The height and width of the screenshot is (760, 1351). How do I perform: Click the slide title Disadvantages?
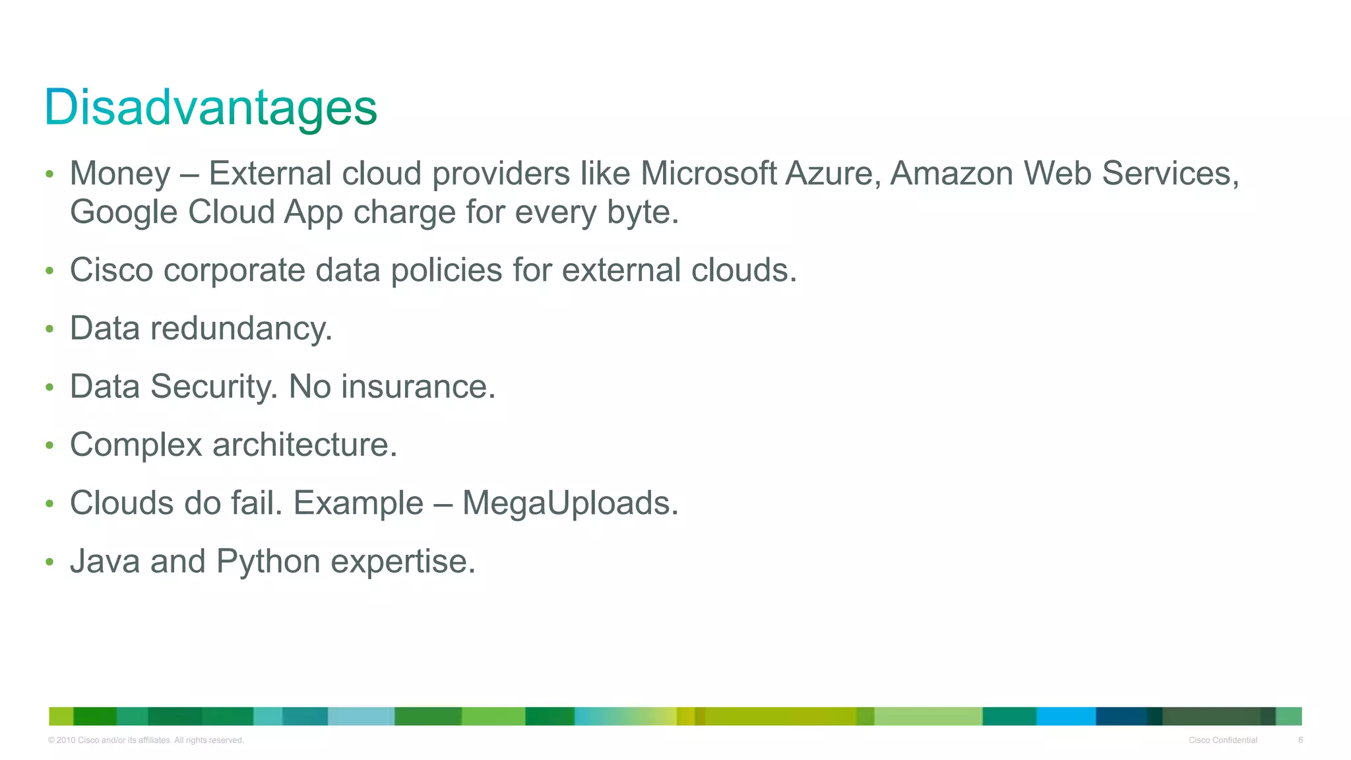pos(210,108)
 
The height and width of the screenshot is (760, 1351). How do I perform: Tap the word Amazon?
pos(951,174)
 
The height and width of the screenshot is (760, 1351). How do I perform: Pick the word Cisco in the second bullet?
pos(111,270)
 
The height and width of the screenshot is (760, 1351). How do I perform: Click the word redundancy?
pos(241,329)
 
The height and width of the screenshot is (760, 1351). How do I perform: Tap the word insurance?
pos(418,387)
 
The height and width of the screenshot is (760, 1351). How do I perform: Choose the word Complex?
pos(136,445)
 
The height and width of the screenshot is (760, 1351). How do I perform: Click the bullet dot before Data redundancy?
pos(49,329)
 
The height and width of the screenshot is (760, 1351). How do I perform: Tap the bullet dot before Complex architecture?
pos(49,445)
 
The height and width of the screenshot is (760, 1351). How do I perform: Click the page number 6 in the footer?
pos(1300,740)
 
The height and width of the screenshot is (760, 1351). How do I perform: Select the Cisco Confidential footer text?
pos(1222,740)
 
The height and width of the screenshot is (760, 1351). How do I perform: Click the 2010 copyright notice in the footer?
pos(146,740)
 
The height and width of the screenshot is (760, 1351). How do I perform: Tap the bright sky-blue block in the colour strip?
pos(1066,716)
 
